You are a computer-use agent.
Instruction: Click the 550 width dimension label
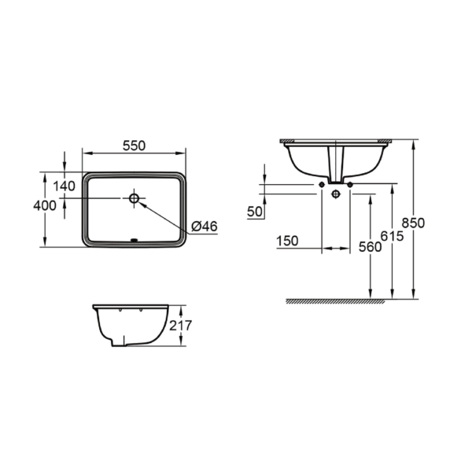click(x=134, y=146)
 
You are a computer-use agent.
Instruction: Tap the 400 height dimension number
click(x=45, y=205)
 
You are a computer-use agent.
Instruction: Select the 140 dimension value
click(x=64, y=186)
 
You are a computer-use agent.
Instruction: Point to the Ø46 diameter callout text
click(x=205, y=226)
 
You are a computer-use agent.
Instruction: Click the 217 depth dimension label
click(x=180, y=326)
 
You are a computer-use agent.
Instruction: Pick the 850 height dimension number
click(x=413, y=223)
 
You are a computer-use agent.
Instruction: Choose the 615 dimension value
click(x=392, y=236)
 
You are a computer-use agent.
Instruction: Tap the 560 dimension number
click(x=370, y=247)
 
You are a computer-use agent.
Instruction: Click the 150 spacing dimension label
click(x=287, y=241)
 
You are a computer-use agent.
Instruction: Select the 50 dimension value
click(x=255, y=212)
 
